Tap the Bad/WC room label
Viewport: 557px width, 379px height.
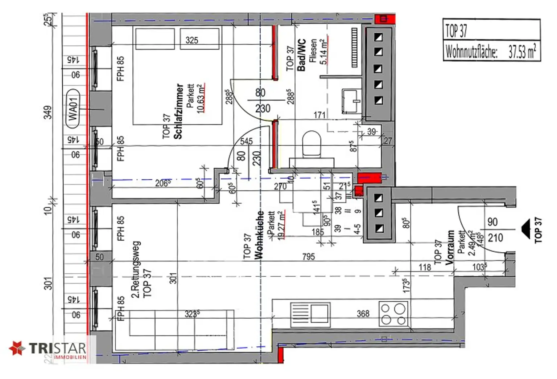point(301,55)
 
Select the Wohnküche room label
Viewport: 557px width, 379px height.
point(259,235)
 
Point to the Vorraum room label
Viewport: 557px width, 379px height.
point(450,247)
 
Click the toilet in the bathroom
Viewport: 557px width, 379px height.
point(312,144)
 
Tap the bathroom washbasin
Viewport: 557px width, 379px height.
point(351,101)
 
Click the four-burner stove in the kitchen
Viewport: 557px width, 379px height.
point(393,314)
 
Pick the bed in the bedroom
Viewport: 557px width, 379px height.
point(178,75)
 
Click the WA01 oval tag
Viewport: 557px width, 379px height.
point(73,109)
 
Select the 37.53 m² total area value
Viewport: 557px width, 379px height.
point(521,52)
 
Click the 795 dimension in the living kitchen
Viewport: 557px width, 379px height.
point(309,257)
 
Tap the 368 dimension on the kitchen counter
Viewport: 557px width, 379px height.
point(363,313)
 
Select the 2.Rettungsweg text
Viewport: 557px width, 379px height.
point(135,269)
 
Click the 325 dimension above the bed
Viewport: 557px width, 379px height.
point(192,40)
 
